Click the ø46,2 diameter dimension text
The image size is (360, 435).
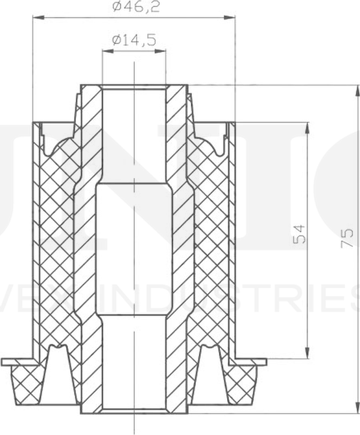tap(134, 8)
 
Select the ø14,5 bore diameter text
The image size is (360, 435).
tap(134, 40)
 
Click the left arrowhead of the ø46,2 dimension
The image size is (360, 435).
tap(36, 18)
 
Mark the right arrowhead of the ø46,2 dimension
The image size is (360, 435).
tap(230, 18)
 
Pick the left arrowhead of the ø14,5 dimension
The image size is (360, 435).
tap(106, 51)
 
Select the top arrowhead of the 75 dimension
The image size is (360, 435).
tap(356, 89)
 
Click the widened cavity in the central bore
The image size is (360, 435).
tap(134, 250)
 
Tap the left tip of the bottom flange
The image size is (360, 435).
tap(4, 361)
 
